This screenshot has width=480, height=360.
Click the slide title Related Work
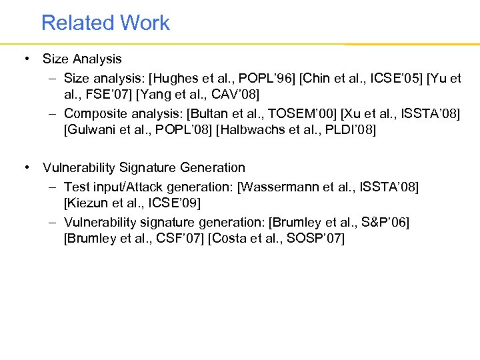(x=105, y=23)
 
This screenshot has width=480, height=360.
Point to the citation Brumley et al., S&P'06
(x=339, y=221)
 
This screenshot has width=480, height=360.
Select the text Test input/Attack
(x=113, y=185)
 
